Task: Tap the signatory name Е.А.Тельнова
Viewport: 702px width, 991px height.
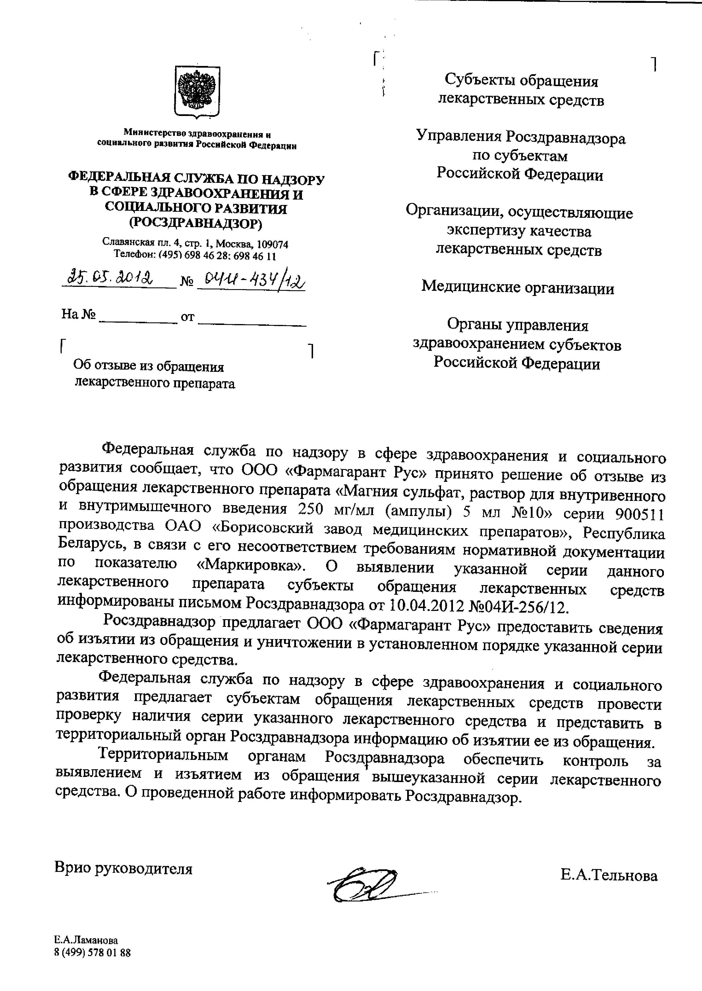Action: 609,876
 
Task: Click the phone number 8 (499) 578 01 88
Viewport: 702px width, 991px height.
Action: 92,953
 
